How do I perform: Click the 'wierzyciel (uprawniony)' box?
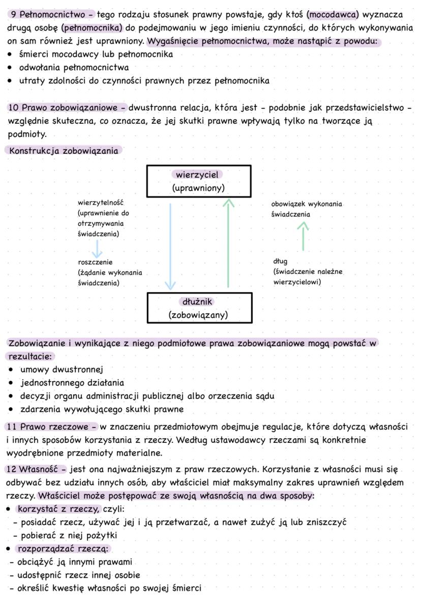[x=198, y=181]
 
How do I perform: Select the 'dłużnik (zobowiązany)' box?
[x=198, y=308]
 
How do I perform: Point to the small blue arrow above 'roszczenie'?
[x=97, y=249]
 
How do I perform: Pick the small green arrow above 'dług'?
[x=303, y=237]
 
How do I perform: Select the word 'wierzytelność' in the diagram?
[x=101, y=203]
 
